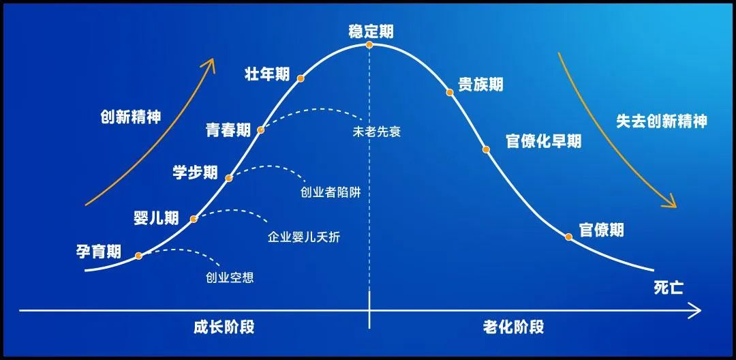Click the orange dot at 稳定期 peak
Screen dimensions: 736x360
369,44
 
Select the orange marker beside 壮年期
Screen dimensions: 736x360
301,78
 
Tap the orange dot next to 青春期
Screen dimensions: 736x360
261,130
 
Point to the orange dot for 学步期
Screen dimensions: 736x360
228,178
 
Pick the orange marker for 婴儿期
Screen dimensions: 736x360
194,219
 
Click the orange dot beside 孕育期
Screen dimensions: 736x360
138,256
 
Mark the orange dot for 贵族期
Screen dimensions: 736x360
450,93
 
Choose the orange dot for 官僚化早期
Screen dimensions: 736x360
487,149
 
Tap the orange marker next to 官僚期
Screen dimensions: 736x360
568,237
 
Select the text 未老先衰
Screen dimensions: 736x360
376,132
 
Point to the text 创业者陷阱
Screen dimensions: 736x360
331,192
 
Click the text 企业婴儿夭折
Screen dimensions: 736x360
304,237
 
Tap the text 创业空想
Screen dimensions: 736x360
230,278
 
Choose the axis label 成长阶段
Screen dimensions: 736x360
224,327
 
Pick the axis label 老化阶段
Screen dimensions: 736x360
514,327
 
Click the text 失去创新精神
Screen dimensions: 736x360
661,121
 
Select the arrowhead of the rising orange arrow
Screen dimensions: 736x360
210,63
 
